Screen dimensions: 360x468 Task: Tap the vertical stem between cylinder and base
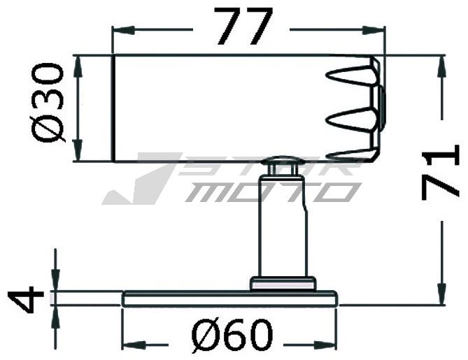pyautogui.click(x=283, y=224)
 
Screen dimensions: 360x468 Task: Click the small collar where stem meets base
pyautogui.click(x=283, y=282)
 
